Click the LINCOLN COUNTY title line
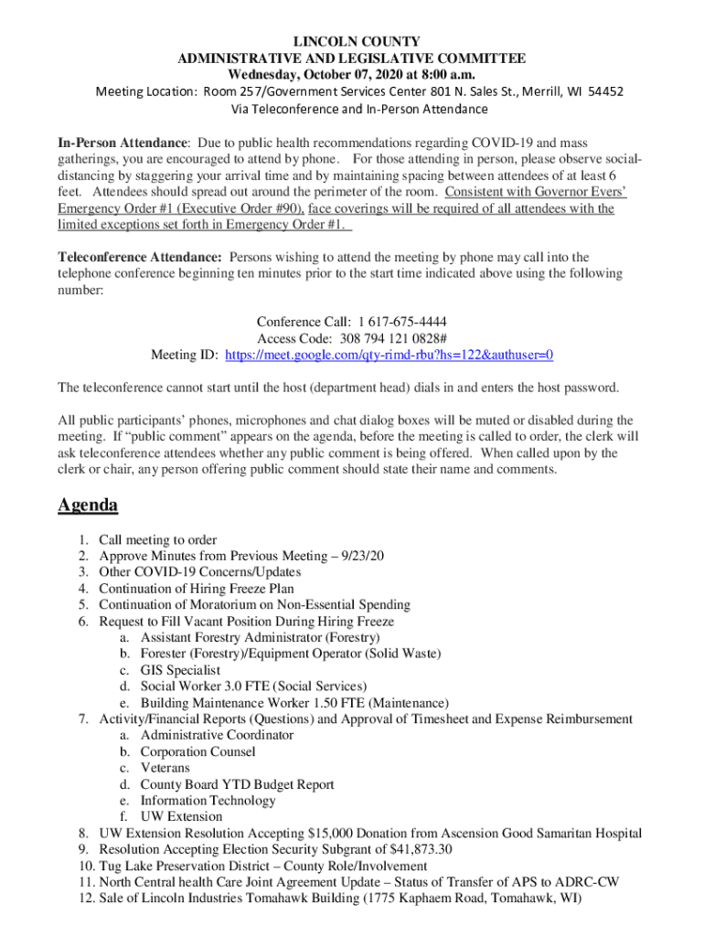click(x=351, y=42)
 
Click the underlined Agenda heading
click(x=88, y=505)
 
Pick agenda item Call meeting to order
click(x=158, y=540)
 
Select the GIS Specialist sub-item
click(x=180, y=670)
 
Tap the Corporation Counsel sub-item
click(x=197, y=752)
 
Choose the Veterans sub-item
click(x=165, y=769)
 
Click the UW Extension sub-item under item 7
click(x=181, y=817)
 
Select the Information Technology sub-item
click(x=208, y=801)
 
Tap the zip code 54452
click(x=606, y=92)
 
